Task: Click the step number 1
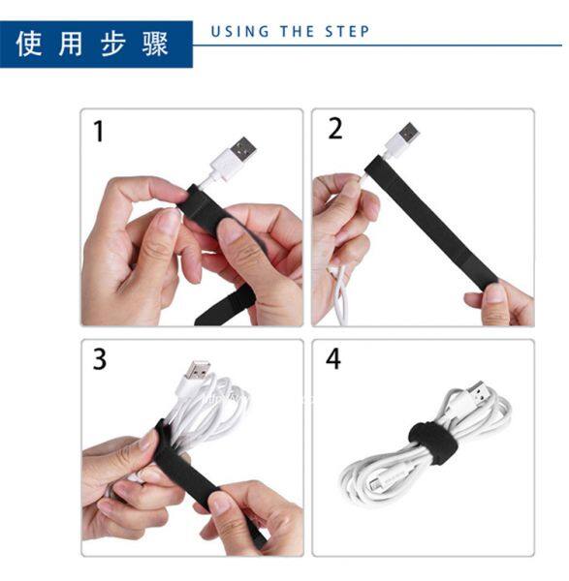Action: (x=99, y=131)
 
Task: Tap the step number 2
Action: (x=335, y=129)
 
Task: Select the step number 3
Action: (x=100, y=358)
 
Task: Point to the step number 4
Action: (x=333, y=358)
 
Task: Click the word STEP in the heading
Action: (x=347, y=32)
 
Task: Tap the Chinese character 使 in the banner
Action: (x=28, y=44)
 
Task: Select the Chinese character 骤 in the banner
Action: (x=155, y=44)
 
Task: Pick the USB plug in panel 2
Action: (x=409, y=134)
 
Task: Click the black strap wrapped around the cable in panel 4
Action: (x=433, y=443)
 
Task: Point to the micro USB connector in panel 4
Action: (x=374, y=484)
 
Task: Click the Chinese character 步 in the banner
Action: (x=113, y=44)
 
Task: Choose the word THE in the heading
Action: (x=298, y=32)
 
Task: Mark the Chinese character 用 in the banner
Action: (x=71, y=44)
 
